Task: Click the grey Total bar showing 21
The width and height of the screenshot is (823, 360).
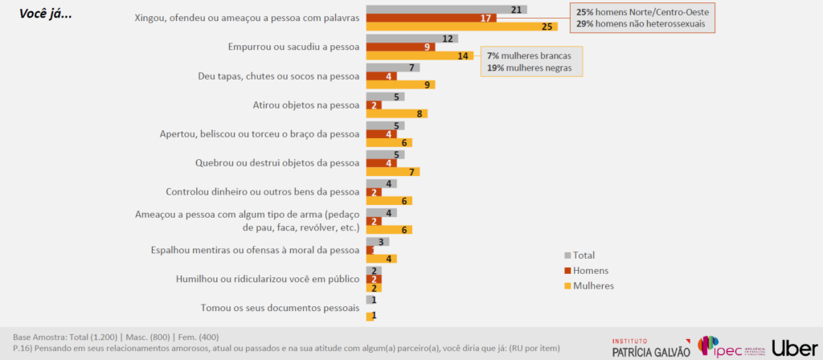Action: pyautogui.click(x=446, y=9)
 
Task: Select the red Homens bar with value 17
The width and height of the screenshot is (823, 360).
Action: pyautogui.click(x=431, y=18)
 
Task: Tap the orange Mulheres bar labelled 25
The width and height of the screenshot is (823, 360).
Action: pyautogui.click(x=461, y=27)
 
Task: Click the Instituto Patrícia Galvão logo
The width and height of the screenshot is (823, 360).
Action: pyautogui.click(x=650, y=346)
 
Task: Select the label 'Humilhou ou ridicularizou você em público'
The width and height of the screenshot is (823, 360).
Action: pyautogui.click(x=266, y=279)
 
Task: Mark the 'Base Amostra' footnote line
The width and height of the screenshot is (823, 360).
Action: pyautogui.click(x=116, y=337)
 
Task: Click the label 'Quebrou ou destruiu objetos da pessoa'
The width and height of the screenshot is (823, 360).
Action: pyautogui.click(x=276, y=162)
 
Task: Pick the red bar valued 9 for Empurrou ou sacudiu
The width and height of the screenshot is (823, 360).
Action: pyautogui.click(x=400, y=47)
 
